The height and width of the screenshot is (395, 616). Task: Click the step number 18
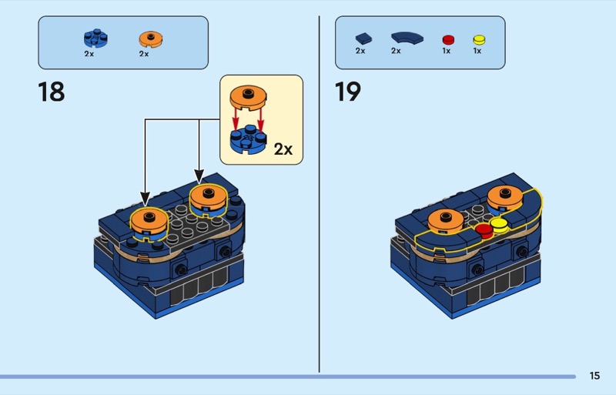coord(52,92)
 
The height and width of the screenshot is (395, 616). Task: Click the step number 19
coord(347,92)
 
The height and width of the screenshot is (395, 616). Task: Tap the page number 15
coord(594,376)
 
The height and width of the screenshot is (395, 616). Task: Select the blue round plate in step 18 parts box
coord(95,38)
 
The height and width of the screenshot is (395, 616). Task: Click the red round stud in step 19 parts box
coord(447,38)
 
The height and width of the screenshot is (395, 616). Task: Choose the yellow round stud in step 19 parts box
coord(478,38)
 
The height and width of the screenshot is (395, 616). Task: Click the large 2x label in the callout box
coord(283,149)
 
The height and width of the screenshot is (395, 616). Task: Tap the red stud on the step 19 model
coord(484,229)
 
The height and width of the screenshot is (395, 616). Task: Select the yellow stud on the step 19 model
coord(498,225)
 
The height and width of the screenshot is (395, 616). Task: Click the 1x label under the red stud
coord(447,51)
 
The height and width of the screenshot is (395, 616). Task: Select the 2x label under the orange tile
coord(144,54)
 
